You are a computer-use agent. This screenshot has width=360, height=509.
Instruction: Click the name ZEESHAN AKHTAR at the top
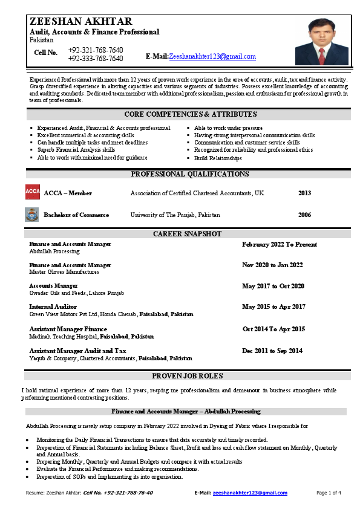tap(81, 22)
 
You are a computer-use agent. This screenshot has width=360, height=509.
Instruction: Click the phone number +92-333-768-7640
tap(96, 59)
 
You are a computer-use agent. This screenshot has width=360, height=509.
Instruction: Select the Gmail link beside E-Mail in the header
tap(212, 56)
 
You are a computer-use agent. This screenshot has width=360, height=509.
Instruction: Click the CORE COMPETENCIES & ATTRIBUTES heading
tap(191, 114)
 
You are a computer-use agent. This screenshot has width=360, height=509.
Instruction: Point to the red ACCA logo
tap(33, 192)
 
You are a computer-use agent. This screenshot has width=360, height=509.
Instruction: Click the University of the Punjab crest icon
tap(33, 215)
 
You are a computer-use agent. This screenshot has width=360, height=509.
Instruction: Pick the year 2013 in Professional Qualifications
tap(304, 193)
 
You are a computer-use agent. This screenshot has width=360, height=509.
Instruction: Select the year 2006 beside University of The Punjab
tap(304, 215)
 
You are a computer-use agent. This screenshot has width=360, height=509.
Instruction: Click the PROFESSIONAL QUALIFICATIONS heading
tap(190, 174)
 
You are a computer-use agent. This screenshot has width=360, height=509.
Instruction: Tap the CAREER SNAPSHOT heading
tap(187, 233)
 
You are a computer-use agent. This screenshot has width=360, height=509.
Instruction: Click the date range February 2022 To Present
tap(279, 244)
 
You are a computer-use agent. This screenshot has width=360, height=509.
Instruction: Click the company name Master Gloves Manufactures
tap(64, 272)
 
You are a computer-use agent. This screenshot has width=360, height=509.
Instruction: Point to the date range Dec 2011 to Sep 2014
tap(272, 351)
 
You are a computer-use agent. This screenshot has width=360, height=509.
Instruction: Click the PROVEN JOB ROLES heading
tap(188, 375)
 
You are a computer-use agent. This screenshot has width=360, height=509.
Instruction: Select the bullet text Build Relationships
tap(217, 158)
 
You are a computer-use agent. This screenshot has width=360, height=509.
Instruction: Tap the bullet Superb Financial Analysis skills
tap(76, 149)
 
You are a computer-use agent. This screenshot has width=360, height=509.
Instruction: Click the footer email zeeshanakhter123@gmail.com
tap(250, 493)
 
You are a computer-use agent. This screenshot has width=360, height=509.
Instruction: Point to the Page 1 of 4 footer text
tap(329, 493)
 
